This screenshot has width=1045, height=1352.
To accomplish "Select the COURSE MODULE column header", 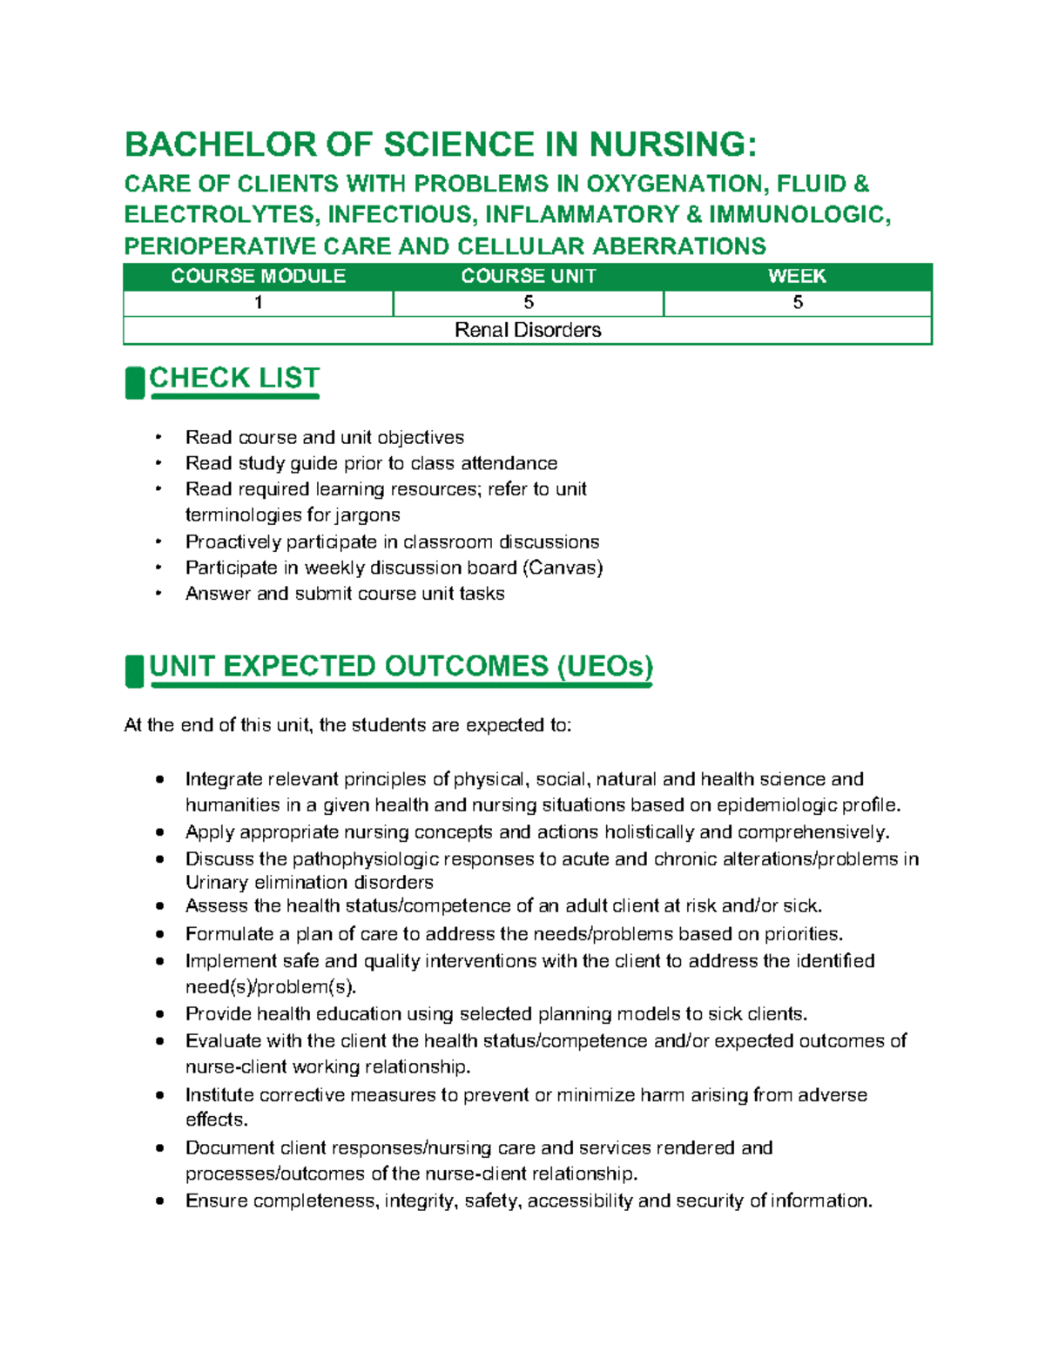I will [x=259, y=277].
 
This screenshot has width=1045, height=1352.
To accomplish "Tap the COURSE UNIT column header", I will [x=529, y=277].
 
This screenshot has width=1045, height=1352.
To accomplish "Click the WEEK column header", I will [x=797, y=277].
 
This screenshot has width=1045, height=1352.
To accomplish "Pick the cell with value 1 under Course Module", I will [x=259, y=303].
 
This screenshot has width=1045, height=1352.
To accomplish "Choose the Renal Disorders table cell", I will [x=528, y=330].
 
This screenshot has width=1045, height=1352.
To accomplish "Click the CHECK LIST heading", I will [x=234, y=378].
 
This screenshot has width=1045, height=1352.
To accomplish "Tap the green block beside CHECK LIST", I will [x=134, y=383].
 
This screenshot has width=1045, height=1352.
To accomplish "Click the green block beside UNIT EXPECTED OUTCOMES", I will [x=134, y=671].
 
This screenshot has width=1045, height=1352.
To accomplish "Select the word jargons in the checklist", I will [x=366, y=515].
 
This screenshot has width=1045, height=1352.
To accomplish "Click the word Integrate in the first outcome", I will [x=223, y=779].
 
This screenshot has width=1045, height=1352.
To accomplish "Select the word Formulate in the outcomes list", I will [x=229, y=934].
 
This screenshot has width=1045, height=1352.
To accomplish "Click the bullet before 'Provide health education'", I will [x=159, y=1014].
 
